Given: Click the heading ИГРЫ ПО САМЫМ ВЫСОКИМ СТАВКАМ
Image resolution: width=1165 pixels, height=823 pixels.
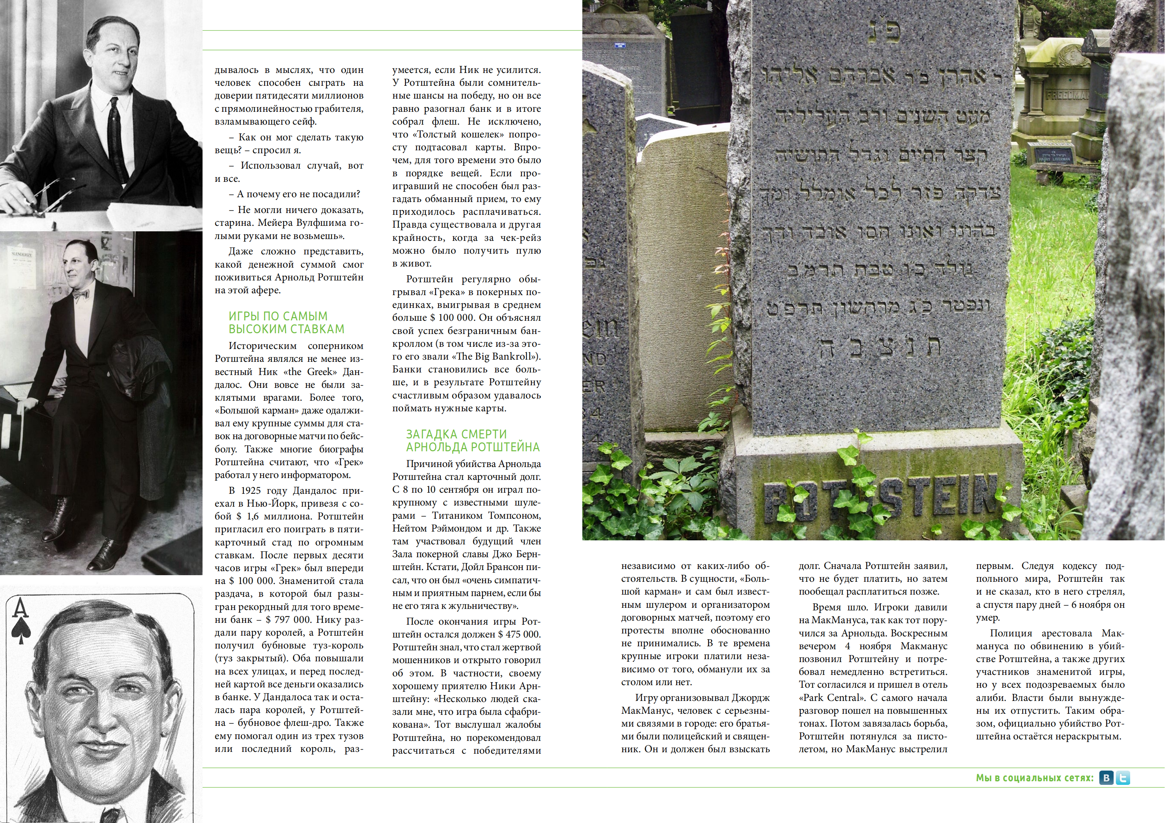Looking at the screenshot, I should [286, 323].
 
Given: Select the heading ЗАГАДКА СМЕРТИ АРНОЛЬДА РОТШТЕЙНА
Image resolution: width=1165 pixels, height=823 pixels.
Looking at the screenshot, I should [472, 440].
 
